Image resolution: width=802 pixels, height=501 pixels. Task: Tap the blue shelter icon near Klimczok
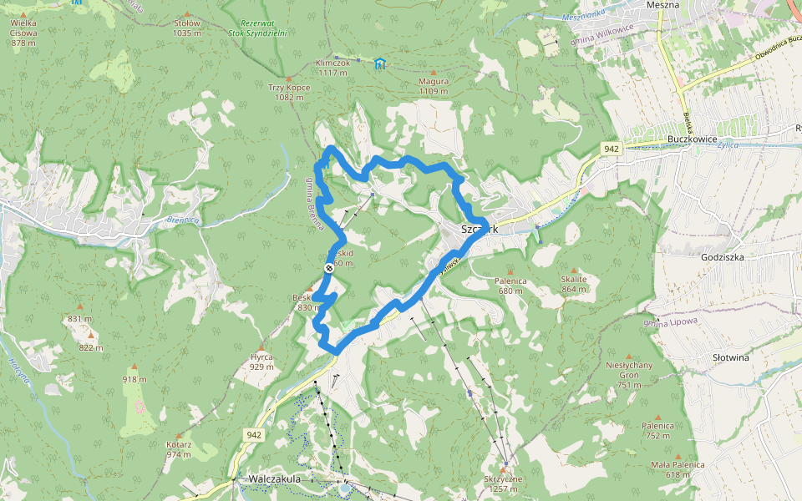pyautogui.click(x=380, y=63)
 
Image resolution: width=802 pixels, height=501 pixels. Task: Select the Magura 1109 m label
pyautogui.click(x=434, y=86)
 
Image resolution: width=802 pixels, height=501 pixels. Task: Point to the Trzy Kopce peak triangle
pyautogui.click(x=289, y=78)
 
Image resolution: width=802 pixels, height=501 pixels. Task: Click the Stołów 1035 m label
pyautogui.click(x=187, y=28)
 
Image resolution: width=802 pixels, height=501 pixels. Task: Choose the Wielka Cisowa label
pyautogui.click(x=23, y=38)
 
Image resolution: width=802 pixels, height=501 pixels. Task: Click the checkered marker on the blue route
pyautogui.click(x=329, y=267)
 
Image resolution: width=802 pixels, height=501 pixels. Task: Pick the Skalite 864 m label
pyautogui.click(x=574, y=285)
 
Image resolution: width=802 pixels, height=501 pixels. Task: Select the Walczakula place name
pyautogui.click(x=274, y=478)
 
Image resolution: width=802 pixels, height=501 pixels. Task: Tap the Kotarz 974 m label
pyautogui.click(x=179, y=449)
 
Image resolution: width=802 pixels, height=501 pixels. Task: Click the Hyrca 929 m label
pyautogui.click(x=261, y=362)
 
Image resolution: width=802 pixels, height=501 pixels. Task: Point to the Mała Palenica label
pyautogui.click(x=678, y=469)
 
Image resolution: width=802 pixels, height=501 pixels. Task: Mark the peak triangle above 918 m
pyautogui.click(x=135, y=367)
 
